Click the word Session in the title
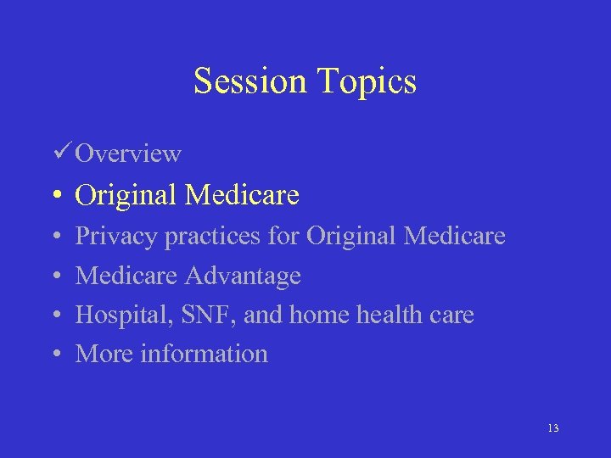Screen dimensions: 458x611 click(251, 81)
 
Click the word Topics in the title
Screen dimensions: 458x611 click(367, 81)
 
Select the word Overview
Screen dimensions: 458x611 click(128, 154)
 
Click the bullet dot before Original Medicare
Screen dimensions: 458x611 click(55, 196)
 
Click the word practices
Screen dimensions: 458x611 click(212, 237)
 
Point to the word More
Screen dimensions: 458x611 click(104, 354)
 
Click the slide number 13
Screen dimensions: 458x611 click(552, 428)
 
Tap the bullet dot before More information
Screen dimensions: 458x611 click(55, 355)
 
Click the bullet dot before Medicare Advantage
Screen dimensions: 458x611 click(55, 276)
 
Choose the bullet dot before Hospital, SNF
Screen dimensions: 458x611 click(55, 316)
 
